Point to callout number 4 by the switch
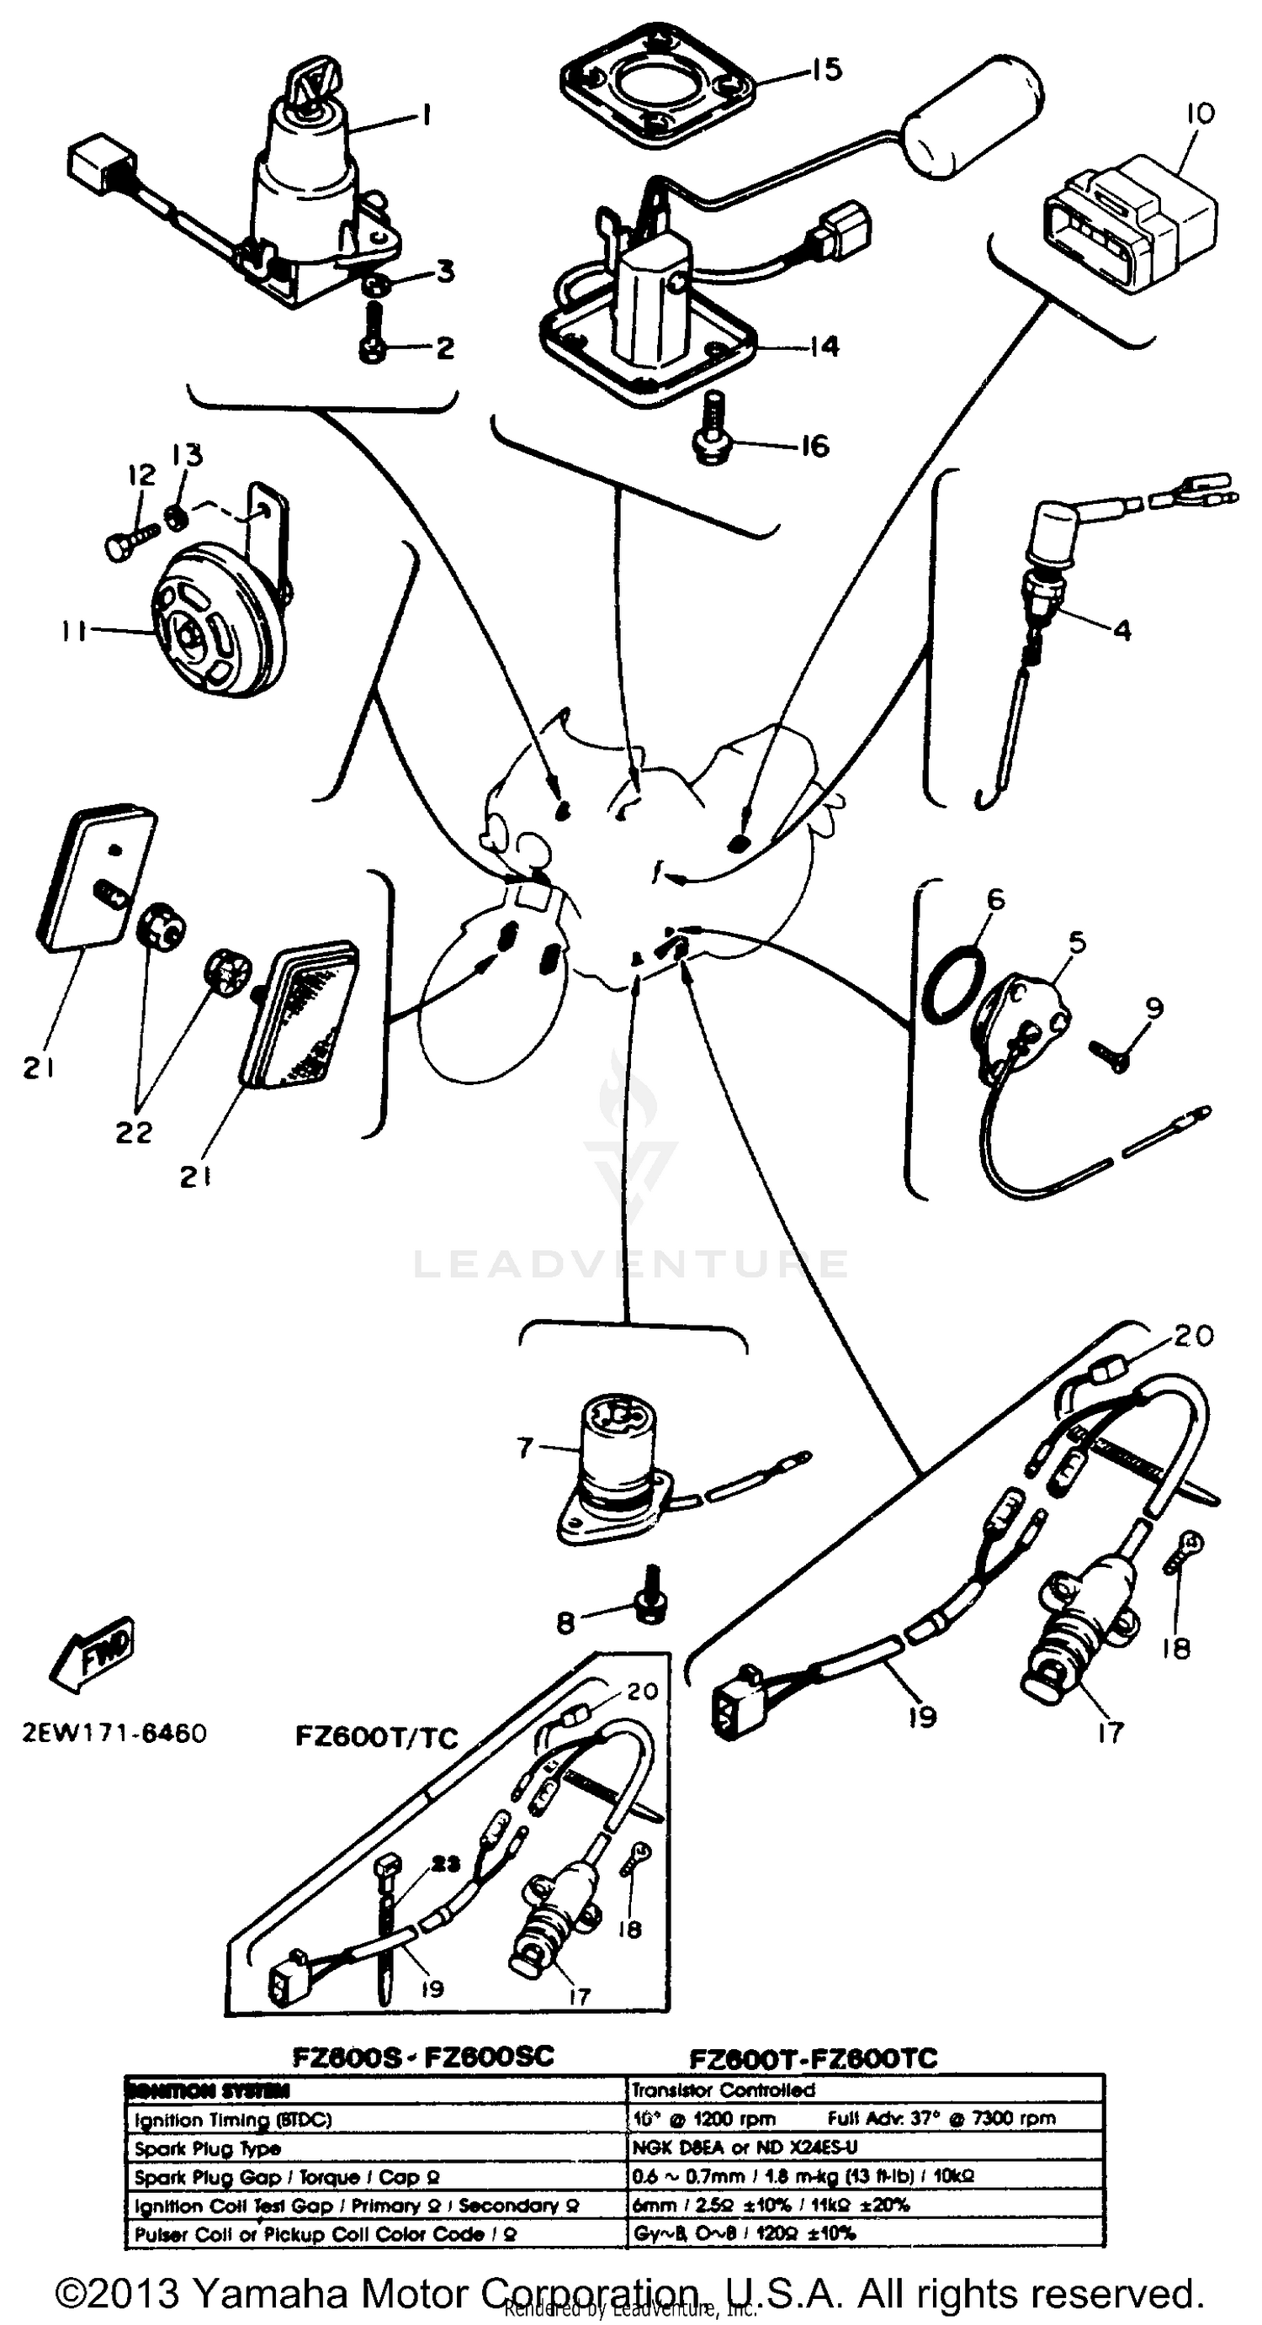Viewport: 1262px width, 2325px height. coord(1121,629)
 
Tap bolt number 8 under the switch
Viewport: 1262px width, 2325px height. coord(651,1607)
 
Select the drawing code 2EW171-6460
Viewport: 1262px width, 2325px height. coord(114,1734)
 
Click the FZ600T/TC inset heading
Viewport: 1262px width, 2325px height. coord(376,1737)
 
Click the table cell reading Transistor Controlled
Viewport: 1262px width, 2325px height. coord(722,2090)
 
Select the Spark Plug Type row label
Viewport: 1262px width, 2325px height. coord(209,2148)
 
